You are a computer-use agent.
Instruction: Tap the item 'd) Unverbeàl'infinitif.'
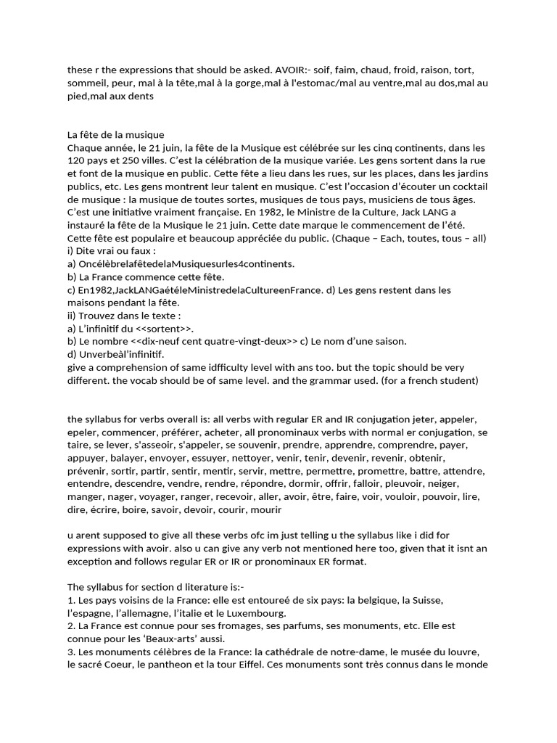click(x=115, y=354)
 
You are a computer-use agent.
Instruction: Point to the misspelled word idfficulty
click(x=281, y=367)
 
